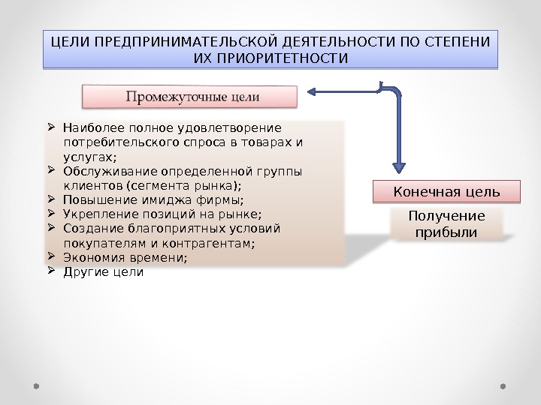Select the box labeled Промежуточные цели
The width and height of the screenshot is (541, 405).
pos(190,97)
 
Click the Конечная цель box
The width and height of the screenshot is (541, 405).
pos(446,192)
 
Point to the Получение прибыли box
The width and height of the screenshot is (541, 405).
pos(446,224)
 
